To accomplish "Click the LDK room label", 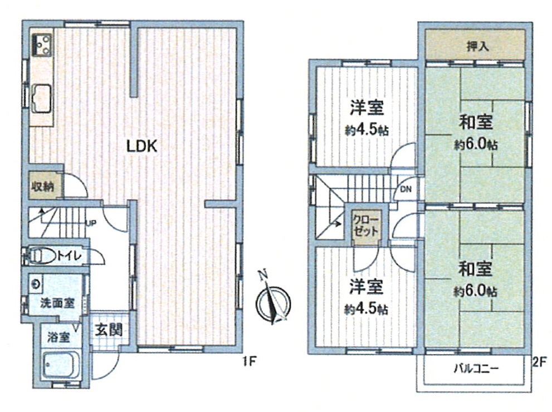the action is (142, 146).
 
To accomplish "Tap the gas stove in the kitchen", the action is (42, 45).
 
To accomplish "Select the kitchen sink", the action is (42, 99).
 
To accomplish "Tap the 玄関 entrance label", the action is (109, 330).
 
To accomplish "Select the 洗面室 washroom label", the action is (57, 302).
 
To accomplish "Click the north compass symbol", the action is (273, 302).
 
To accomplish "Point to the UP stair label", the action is (91, 223).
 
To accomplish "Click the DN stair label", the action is (406, 189).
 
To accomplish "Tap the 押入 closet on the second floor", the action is (475, 45).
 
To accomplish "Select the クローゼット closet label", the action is (366, 225).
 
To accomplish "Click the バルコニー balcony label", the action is (476, 369).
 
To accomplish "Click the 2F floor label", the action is (539, 361).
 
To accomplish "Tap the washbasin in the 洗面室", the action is (36, 283).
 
